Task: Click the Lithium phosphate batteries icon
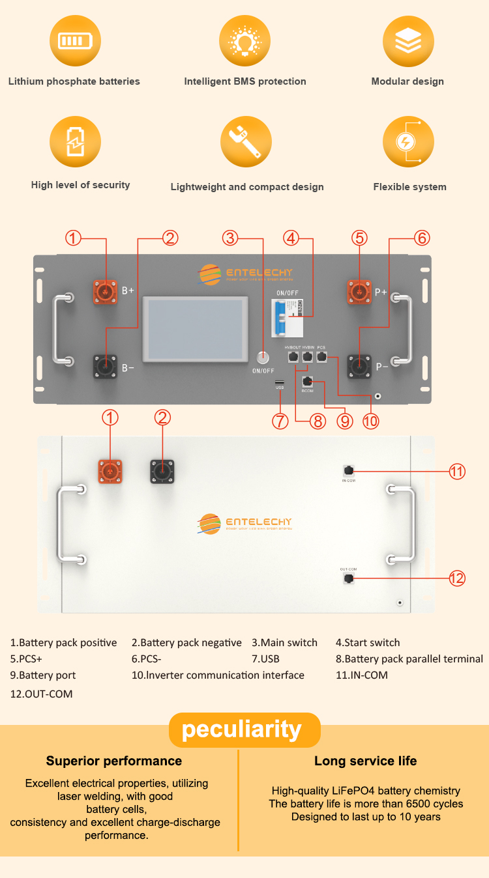(x=75, y=42)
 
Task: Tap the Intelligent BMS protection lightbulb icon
(x=244, y=42)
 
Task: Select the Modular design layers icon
(x=408, y=42)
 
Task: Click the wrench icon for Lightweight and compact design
(x=245, y=142)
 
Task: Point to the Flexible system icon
(x=408, y=142)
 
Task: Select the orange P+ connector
(x=359, y=290)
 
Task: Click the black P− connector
(x=359, y=366)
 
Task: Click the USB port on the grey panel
(x=280, y=382)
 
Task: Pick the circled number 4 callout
(x=291, y=238)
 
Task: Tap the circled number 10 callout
(x=370, y=421)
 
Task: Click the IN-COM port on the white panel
(x=348, y=470)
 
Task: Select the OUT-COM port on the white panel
(x=349, y=578)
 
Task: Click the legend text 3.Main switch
(x=284, y=643)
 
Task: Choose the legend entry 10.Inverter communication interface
(x=218, y=675)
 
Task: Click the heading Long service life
(x=365, y=761)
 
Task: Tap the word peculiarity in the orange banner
(x=242, y=729)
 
